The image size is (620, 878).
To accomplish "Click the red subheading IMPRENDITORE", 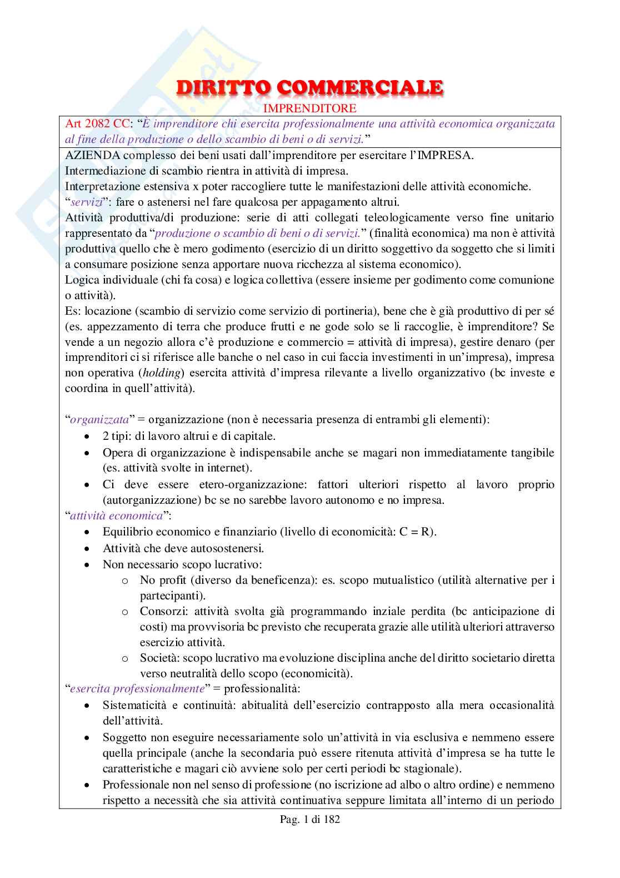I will (309, 107).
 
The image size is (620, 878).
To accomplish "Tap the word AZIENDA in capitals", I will (88, 155).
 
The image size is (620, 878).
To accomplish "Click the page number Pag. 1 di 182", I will (309, 819).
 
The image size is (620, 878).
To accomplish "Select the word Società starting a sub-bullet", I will (157, 658).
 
